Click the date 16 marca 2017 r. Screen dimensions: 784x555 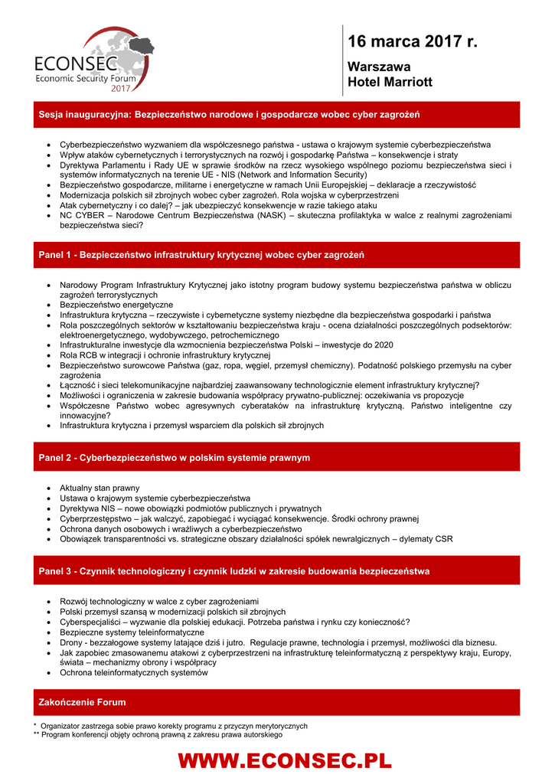coord(412,41)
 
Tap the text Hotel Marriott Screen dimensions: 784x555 coord(390,81)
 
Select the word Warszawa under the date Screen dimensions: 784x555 coord(379,67)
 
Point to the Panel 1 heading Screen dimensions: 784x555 coord(201,254)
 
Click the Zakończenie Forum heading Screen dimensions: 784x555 coord(83,701)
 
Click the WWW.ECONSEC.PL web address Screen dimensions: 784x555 coord(284,760)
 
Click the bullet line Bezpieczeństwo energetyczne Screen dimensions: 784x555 coord(116,305)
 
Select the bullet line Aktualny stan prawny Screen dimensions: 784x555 coord(100,488)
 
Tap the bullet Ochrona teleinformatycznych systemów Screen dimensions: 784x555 coord(133,672)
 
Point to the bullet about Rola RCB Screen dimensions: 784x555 coord(165,355)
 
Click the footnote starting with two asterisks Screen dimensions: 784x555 coord(157,734)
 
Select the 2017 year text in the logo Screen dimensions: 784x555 coord(120,88)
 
